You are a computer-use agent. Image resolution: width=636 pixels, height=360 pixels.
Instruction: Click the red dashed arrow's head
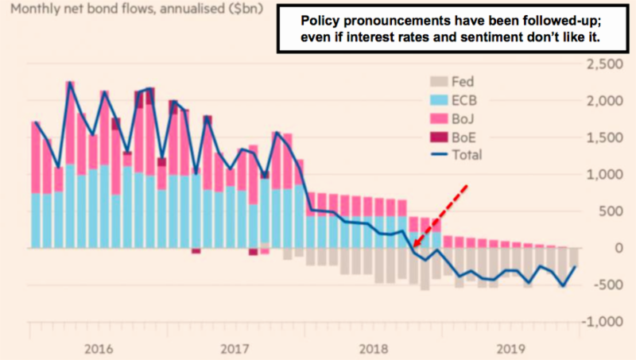[417, 252]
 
